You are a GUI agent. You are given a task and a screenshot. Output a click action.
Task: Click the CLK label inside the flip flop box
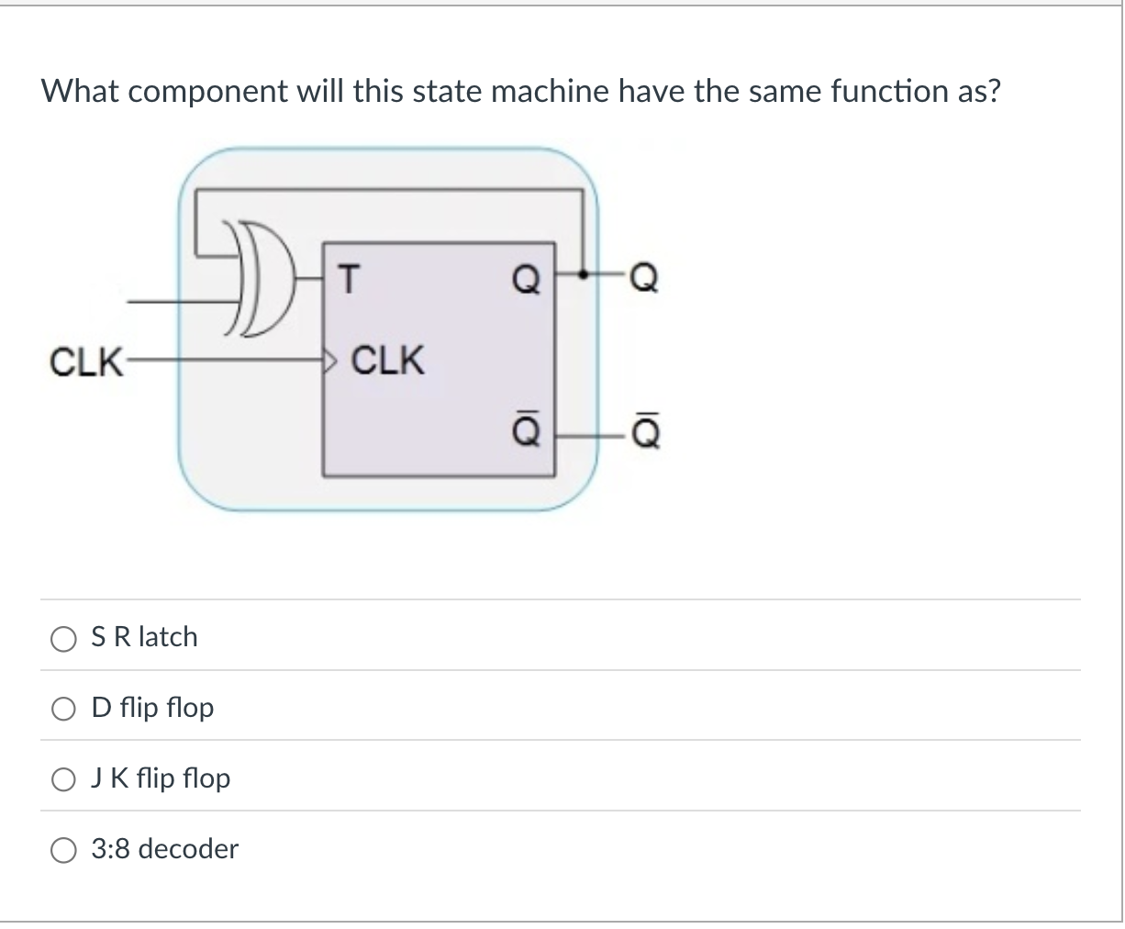click(x=387, y=361)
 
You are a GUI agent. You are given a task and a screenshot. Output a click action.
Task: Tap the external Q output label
click(x=644, y=275)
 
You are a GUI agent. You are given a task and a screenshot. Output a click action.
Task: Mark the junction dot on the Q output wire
click(x=580, y=274)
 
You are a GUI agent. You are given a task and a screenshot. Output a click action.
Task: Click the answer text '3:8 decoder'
click(x=165, y=849)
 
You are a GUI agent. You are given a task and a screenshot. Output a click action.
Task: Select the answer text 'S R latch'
click(x=144, y=637)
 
